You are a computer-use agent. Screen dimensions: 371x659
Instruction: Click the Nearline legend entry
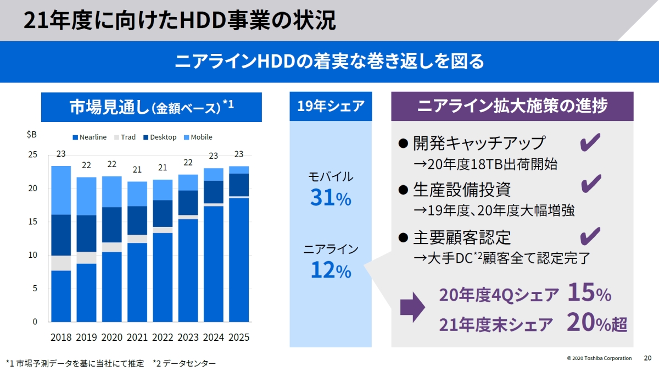[x=89, y=137]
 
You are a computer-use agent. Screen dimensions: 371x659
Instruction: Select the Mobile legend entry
[x=197, y=137]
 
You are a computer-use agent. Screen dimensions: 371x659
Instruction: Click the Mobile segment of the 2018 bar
[x=61, y=190]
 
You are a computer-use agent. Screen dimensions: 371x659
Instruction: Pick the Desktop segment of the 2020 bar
[x=112, y=224]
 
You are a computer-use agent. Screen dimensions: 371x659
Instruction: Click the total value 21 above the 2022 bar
[x=163, y=168]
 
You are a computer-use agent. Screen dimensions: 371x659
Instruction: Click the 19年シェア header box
[x=331, y=106]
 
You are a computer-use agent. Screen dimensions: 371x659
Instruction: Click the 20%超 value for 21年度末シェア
[x=596, y=323]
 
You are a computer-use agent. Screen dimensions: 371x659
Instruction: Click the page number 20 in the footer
[x=647, y=358]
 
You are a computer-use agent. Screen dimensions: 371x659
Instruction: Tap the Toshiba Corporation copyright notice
[x=599, y=358]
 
